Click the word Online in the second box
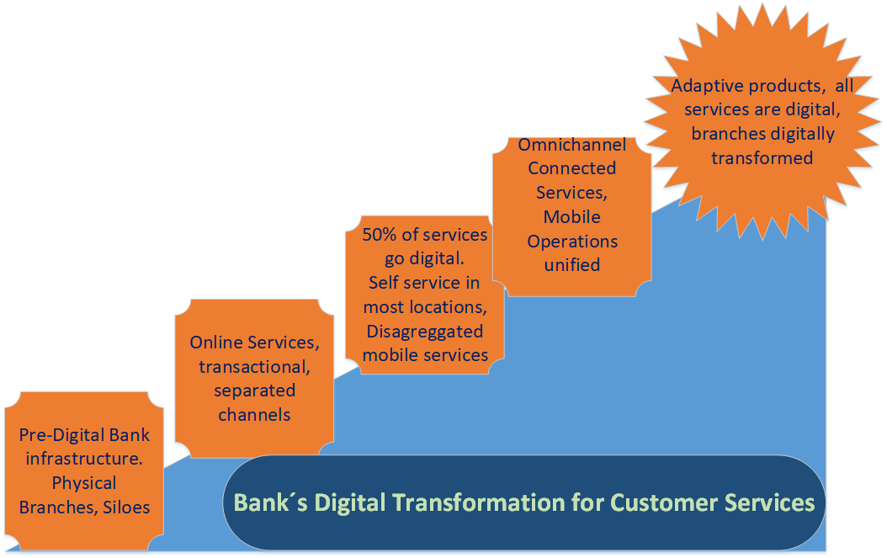click(216, 343)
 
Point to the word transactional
click(254, 367)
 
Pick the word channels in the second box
click(254, 415)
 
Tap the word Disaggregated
click(424, 331)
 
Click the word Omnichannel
click(571, 145)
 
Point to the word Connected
click(571, 168)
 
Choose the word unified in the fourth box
click(571, 265)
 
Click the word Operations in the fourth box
click(572, 242)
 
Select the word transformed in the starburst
click(762, 158)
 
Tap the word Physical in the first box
click(84, 483)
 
